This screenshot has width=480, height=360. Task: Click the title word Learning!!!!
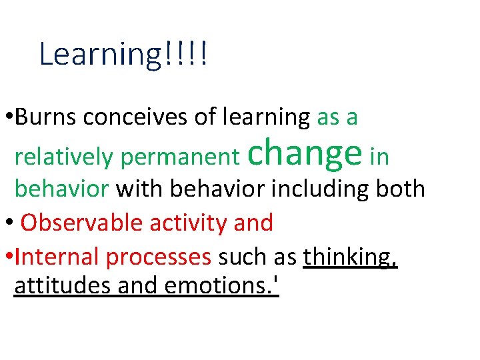123,55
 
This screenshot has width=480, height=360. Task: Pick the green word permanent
181,157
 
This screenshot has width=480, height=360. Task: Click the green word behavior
61,189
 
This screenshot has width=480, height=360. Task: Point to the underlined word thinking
351,257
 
